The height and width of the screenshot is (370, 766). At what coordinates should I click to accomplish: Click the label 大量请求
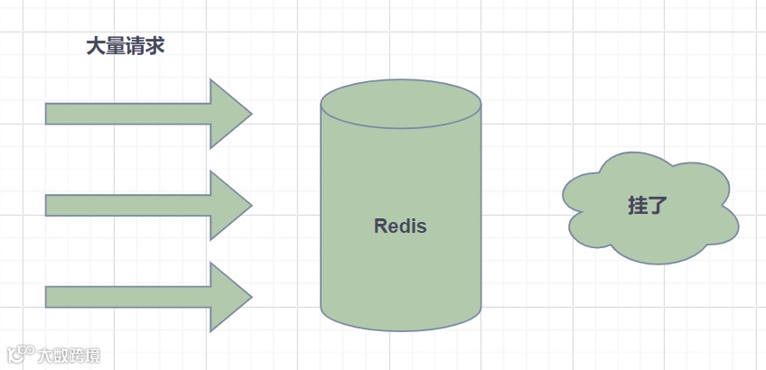(x=126, y=47)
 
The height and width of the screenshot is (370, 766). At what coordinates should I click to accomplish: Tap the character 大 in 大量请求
(x=96, y=47)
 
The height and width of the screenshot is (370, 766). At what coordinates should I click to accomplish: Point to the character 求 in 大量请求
(x=155, y=47)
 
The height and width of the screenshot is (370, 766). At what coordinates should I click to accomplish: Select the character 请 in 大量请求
(x=135, y=47)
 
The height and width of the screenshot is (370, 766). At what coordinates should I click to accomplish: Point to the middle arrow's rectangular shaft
(x=126, y=206)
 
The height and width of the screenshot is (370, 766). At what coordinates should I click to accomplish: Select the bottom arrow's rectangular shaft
(x=126, y=297)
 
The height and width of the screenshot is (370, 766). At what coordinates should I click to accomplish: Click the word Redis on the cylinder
(x=400, y=227)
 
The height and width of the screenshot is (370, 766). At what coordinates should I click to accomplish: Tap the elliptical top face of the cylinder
(x=400, y=103)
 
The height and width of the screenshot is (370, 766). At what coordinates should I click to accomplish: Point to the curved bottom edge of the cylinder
(x=400, y=328)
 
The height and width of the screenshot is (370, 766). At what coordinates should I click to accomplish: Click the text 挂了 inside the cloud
(x=648, y=205)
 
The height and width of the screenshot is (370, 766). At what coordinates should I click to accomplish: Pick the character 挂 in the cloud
(x=638, y=205)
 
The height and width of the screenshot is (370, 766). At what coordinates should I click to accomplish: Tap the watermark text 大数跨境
(x=69, y=355)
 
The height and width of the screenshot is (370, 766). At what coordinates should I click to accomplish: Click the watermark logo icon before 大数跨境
(x=21, y=355)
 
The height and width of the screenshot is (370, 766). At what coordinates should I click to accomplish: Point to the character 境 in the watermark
(x=92, y=355)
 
